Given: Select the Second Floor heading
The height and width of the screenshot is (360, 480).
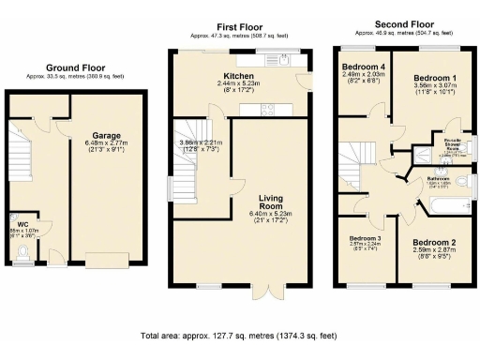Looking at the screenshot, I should pyautogui.click(x=402, y=23).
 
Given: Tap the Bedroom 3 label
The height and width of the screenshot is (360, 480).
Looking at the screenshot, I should pyautogui.click(x=366, y=239).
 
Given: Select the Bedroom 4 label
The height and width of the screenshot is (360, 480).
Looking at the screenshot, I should pyautogui.click(x=363, y=67).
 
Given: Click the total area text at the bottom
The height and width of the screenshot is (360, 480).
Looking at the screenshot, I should pyautogui.click(x=239, y=336).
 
